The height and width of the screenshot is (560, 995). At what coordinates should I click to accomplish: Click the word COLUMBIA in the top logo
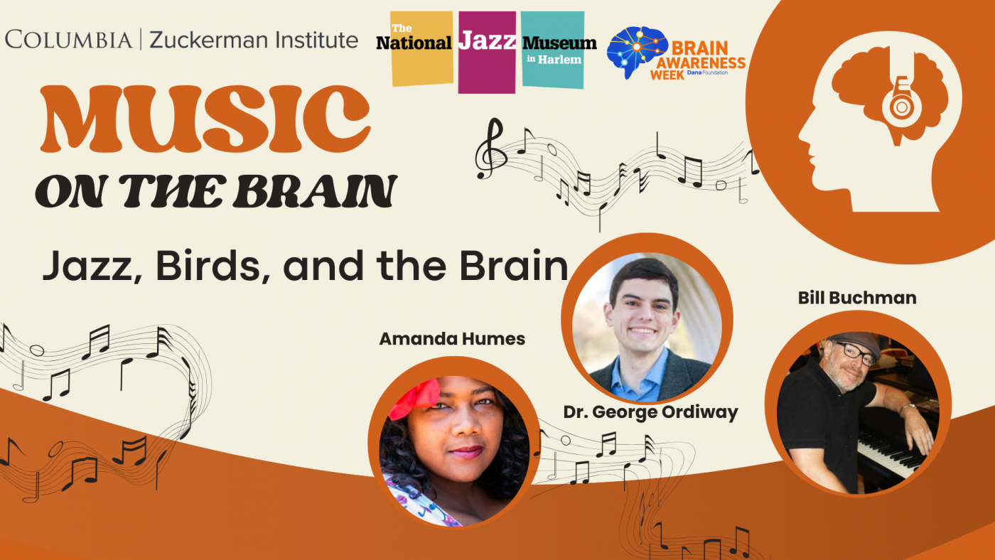[68, 40]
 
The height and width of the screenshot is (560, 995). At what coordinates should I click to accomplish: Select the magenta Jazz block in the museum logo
[487, 51]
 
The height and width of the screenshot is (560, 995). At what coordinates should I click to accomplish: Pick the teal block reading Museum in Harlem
[553, 50]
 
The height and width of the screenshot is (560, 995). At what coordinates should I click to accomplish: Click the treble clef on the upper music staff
[490, 147]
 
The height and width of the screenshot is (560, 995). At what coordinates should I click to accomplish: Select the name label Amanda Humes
[452, 339]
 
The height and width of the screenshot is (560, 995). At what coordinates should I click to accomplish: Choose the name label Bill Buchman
[857, 298]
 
